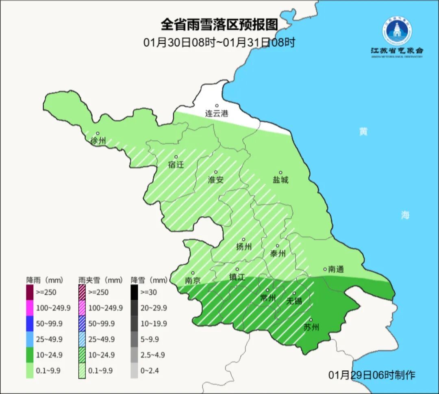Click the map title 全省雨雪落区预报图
[219, 24]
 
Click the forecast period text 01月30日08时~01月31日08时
[219, 42]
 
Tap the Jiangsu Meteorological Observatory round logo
[396, 30]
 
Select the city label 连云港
[217, 113]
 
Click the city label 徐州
[98, 141]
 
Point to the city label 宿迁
[176, 165]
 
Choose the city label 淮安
[216, 179]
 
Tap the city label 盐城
[280, 179]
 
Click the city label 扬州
[244, 247]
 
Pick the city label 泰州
[278, 253]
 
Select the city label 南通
[336, 269]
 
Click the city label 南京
[193, 280]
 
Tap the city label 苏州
[311, 327]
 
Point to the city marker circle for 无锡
[294, 293]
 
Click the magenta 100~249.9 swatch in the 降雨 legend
[30, 308]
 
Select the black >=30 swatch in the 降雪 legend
[134, 292]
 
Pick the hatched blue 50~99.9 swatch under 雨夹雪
[82, 323]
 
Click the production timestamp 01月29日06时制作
[372, 374]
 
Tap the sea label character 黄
[363, 132]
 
